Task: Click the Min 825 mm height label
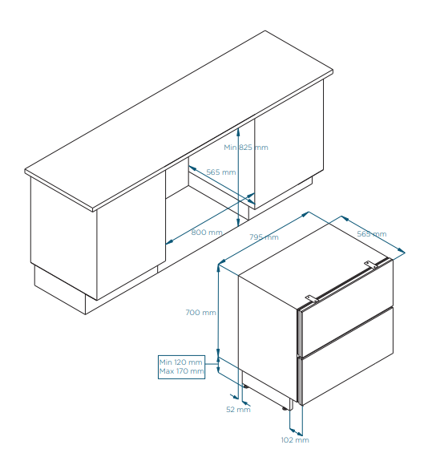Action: [x=246, y=148]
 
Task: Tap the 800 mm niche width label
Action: [x=207, y=233]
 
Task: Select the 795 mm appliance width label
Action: [x=264, y=237]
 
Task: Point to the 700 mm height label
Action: [x=200, y=313]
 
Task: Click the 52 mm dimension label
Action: [x=238, y=410]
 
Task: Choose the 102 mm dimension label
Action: [x=295, y=440]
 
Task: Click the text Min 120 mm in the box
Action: [x=181, y=362]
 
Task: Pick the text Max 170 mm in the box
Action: [x=181, y=371]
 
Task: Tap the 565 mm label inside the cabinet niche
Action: [x=221, y=172]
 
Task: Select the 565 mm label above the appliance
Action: [x=372, y=234]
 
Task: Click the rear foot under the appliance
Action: [x=245, y=386]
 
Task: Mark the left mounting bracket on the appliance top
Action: [x=312, y=298]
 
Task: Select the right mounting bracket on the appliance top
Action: [x=371, y=265]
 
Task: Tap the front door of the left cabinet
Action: [x=131, y=236]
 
